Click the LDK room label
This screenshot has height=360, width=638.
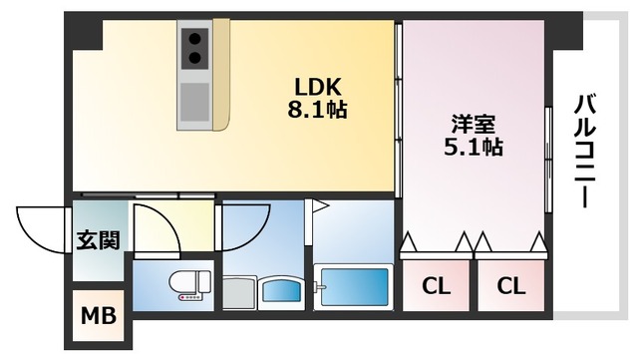tap(317, 87)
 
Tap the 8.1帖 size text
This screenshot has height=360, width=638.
tap(317, 109)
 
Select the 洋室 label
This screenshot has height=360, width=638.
tap(474, 125)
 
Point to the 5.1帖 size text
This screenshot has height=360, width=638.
tap(474, 147)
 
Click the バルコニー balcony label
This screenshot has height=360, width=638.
tap(585, 151)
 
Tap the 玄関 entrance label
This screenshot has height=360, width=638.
tap(99, 240)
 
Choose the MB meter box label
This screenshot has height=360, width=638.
tap(99, 315)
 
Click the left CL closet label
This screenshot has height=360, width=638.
tap(437, 286)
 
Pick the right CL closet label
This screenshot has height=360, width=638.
tap(511, 286)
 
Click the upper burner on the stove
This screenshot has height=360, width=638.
tap(195, 39)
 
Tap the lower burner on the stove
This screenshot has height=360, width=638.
tap(195, 58)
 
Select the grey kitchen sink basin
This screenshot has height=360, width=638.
tap(195, 103)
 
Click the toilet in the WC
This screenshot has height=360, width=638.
tap(190, 284)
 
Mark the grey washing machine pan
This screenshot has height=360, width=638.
tap(239, 293)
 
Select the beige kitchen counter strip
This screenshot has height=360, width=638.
tap(221, 75)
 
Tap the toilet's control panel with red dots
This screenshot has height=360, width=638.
tap(189, 298)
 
